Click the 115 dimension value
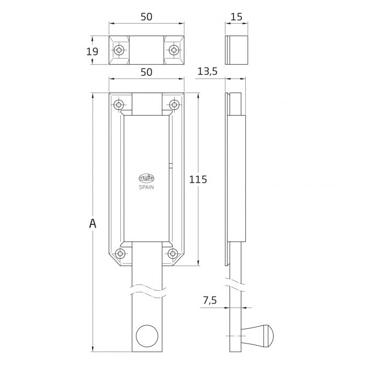198,179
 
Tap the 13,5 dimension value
208,72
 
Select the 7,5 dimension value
210,300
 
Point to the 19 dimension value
92,51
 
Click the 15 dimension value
236,17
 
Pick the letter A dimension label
93,224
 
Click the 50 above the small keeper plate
146,17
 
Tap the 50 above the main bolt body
146,72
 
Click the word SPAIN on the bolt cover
146,187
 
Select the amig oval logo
146,179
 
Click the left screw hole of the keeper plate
119,50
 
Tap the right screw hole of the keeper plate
174,50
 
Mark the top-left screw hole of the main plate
119,105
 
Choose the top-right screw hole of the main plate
174,105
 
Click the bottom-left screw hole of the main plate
120,254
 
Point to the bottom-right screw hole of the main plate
173,254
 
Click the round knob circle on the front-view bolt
147,336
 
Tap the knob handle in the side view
257,336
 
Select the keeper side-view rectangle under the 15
236,50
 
